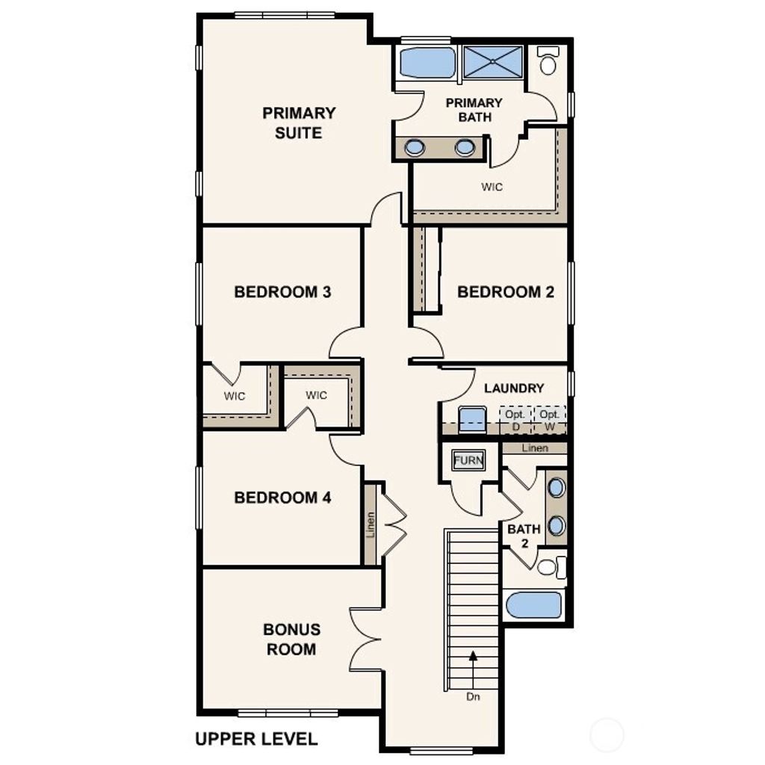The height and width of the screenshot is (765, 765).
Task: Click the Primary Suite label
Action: click(x=299, y=123)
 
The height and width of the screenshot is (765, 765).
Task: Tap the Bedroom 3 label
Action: click(x=282, y=291)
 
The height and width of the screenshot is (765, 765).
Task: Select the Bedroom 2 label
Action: click(x=506, y=291)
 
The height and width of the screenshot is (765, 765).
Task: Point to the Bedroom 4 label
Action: click(x=282, y=498)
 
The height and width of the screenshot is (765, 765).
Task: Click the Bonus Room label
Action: click(x=291, y=639)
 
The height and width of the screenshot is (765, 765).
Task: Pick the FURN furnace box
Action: click(x=468, y=461)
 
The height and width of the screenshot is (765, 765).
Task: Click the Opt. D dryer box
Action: click(x=515, y=420)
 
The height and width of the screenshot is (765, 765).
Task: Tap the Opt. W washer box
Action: click(x=549, y=420)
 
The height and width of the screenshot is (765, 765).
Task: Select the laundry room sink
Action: click(x=472, y=419)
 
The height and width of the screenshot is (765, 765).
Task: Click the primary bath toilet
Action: click(x=548, y=62)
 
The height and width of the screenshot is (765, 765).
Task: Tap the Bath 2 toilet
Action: click(x=549, y=568)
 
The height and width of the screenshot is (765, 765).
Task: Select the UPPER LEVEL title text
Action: click(x=256, y=739)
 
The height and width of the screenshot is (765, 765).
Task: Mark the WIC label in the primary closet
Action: click(x=492, y=187)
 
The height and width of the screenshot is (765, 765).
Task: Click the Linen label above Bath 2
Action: click(x=535, y=448)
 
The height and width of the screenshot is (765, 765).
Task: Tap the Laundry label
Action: click(x=514, y=388)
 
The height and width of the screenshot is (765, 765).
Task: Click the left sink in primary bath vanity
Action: click(x=415, y=148)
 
